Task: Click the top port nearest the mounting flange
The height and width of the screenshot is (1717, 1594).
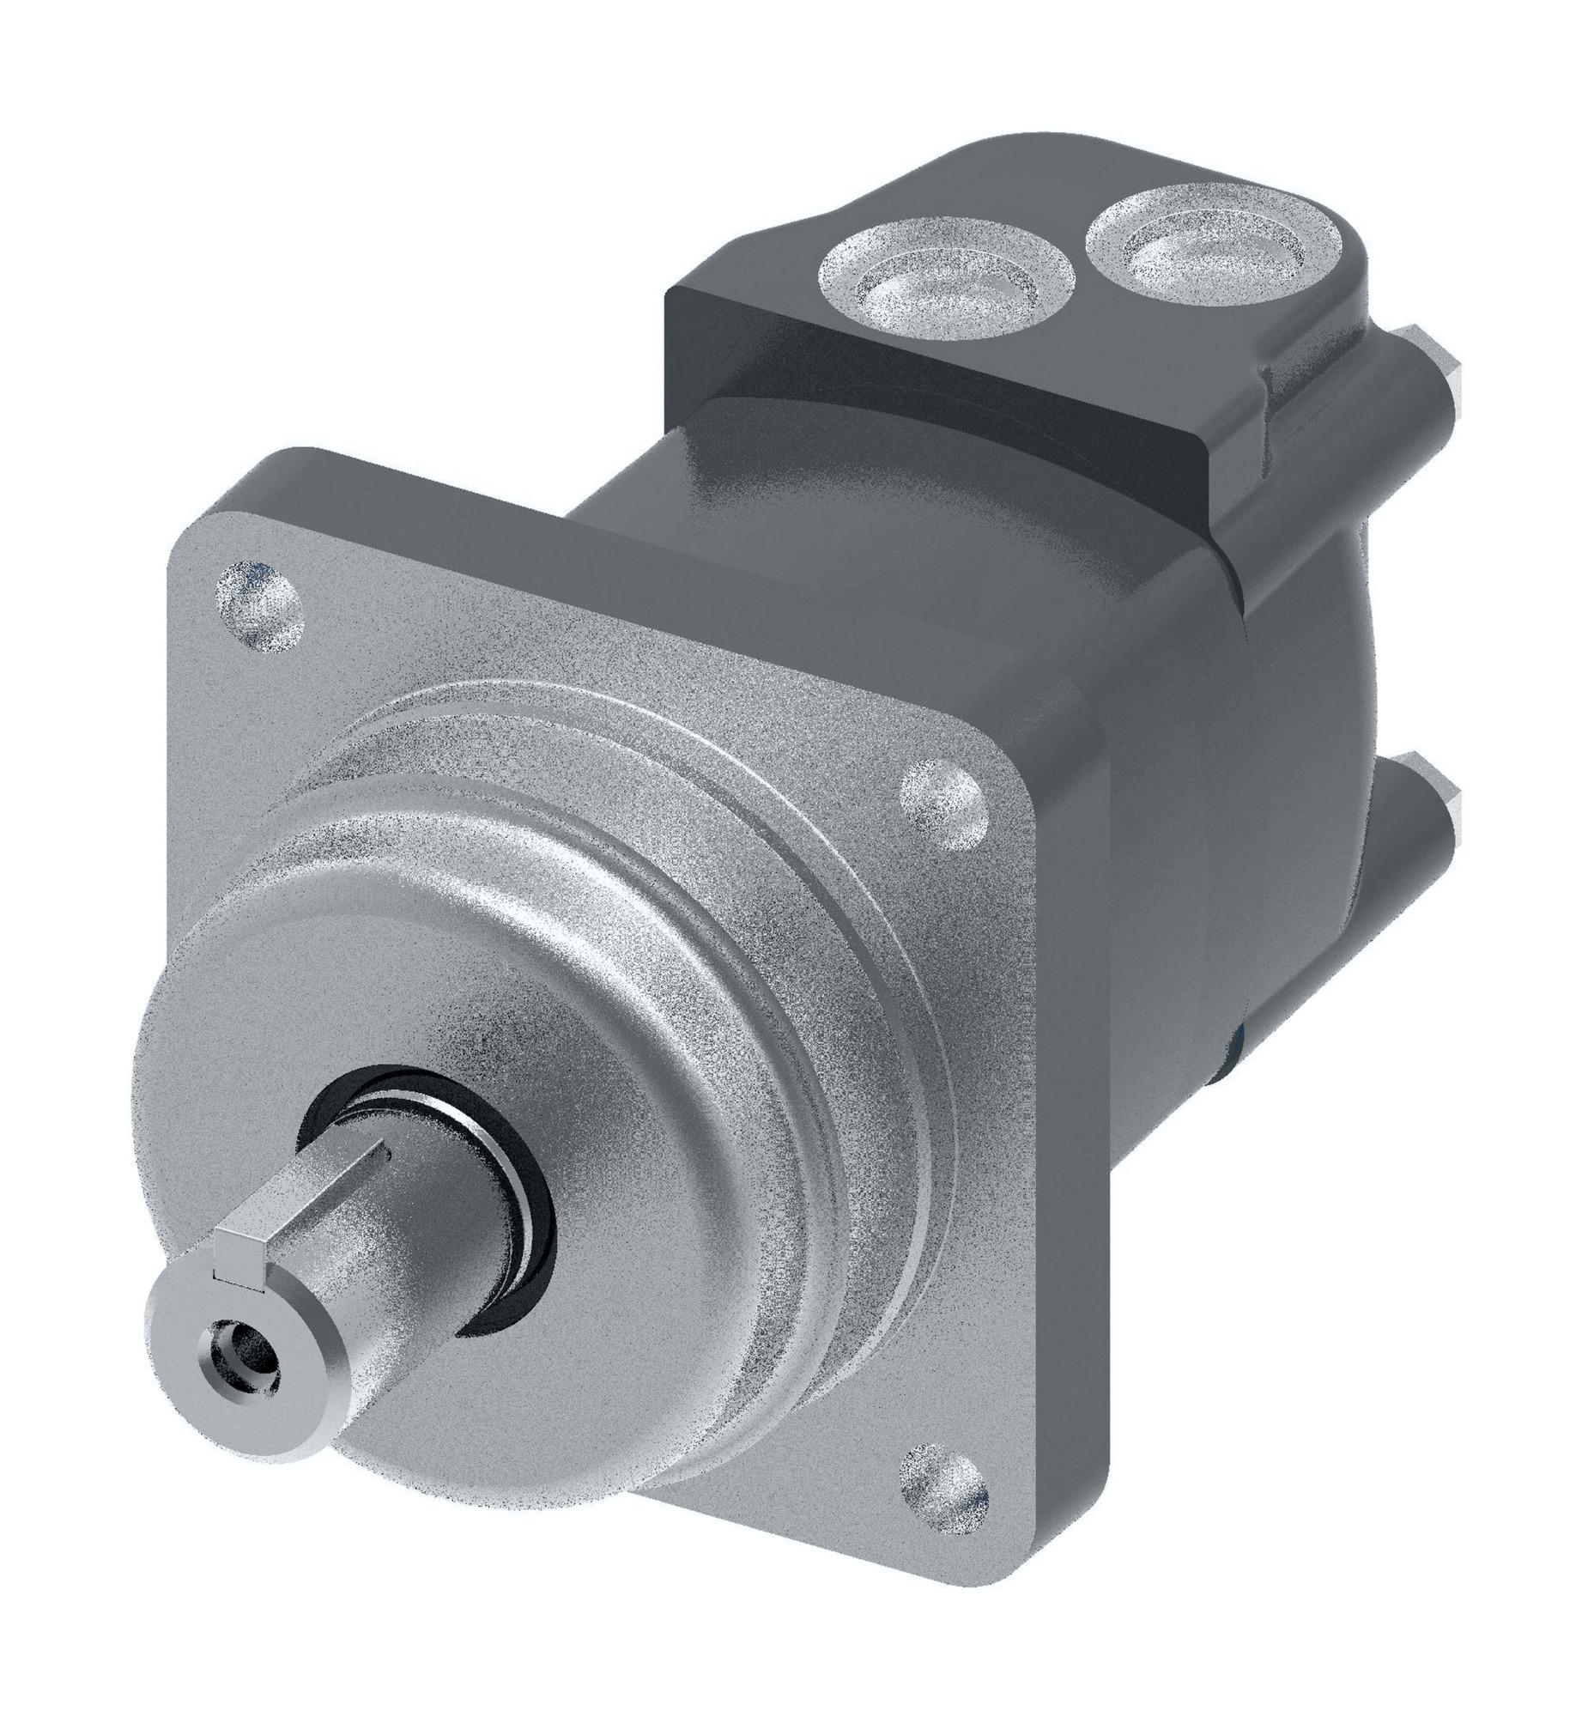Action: click(x=947, y=285)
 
